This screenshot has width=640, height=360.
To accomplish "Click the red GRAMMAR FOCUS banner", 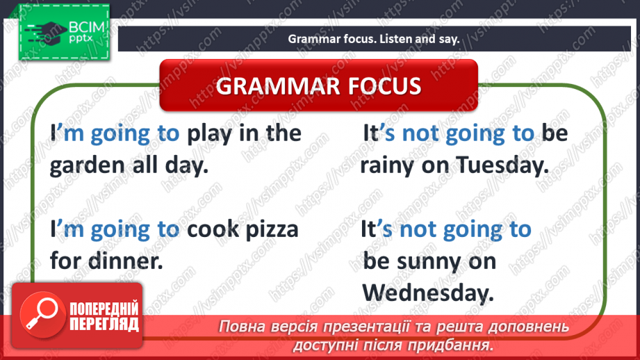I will coord(319,86).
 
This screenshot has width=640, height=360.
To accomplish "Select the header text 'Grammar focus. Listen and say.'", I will coord(374,39).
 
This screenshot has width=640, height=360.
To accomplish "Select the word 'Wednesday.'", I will coord(428,293).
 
